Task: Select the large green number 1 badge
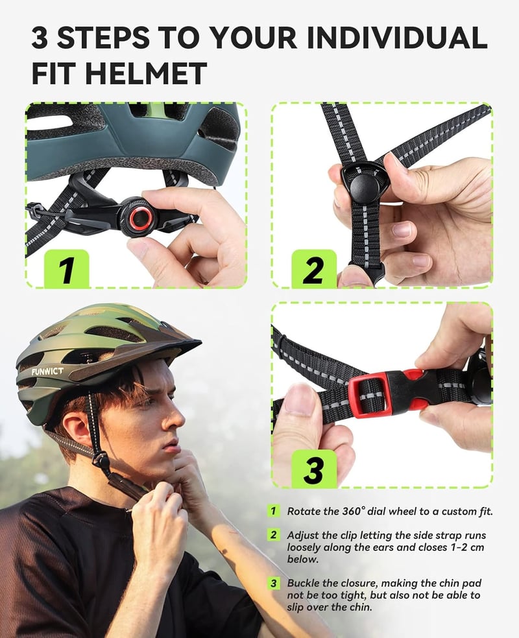pos(66,269)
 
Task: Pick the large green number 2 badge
pos(314,269)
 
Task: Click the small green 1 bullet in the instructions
pos(274,511)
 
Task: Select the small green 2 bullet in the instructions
pos(274,535)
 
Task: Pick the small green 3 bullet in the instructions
pos(274,583)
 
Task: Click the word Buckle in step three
pos(302,583)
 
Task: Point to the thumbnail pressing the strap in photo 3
pos(300,399)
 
